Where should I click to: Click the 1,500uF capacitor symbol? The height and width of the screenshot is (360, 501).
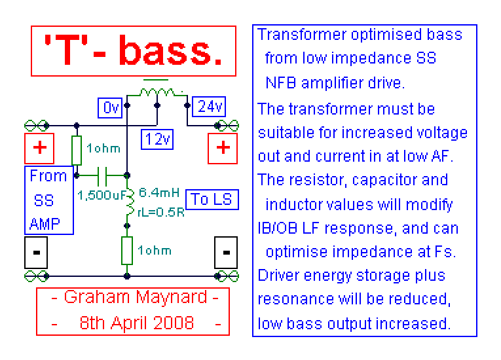tap(102, 175)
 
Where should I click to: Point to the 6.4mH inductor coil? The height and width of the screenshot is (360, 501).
tap(130, 202)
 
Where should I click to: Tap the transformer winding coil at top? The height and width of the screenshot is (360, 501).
tap(157, 92)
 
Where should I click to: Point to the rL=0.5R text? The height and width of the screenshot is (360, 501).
tap(161, 212)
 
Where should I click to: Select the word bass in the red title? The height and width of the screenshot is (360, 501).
tap(171, 51)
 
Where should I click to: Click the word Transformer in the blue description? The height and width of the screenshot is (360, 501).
tap(302, 34)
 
